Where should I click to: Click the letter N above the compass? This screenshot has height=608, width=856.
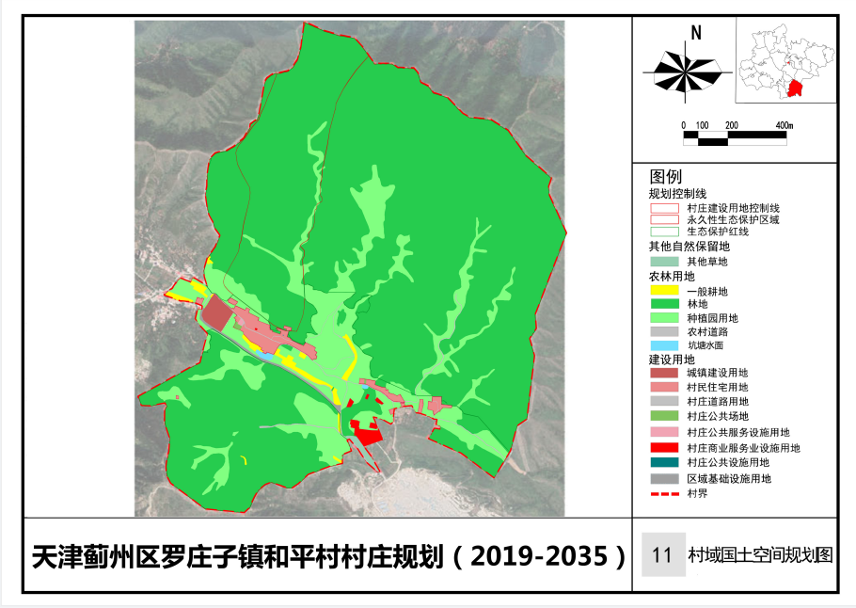[x=696, y=33]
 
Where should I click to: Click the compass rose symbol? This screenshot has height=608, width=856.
[x=684, y=71]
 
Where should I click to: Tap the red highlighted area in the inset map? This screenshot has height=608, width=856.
[x=796, y=89]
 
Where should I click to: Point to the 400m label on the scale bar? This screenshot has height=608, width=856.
[x=784, y=125]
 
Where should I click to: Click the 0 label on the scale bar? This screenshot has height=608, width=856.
[x=685, y=125]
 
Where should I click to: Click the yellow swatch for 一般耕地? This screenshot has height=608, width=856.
[x=664, y=291]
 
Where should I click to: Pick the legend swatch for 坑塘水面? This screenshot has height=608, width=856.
[x=664, y=344]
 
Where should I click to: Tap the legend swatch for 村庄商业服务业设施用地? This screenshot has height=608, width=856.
[x=664, y=448]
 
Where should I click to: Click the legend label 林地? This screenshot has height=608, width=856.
[x=698, y=305]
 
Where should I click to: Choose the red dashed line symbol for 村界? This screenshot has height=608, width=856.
[x=664, y=492]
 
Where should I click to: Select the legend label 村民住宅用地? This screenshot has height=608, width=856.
[x=717, y=387]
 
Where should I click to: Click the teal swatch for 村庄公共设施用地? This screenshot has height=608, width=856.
[x=664, y=462]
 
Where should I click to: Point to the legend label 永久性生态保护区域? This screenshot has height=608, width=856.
[x=733, y=218]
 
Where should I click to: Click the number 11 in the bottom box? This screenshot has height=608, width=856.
[x=661, y=554]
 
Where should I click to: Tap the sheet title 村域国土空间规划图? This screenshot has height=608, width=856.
[x=760, y=554]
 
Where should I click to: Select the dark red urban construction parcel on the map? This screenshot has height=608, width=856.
[x=218, y=312]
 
